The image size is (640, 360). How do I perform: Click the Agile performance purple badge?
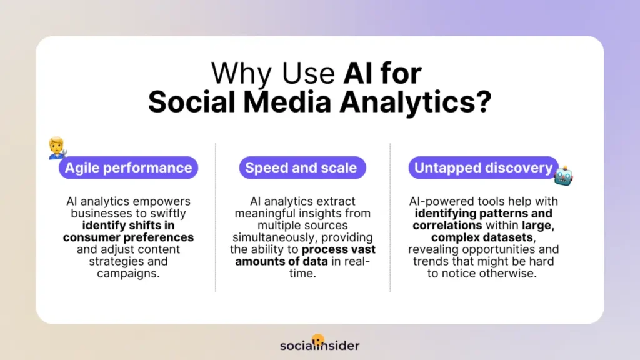click(x=128, y=167)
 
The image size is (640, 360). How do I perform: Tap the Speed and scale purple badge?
click(x=301, y=167)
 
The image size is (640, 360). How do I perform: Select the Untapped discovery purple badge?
click(x=484, y=167)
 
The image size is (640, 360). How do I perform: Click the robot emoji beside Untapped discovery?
click(x=563, y=175)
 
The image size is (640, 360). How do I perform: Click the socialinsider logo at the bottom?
click(x=319, y=345)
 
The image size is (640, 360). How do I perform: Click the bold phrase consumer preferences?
click(x=128, y=237)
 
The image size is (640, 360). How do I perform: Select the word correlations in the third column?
click(x=447, y=226)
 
